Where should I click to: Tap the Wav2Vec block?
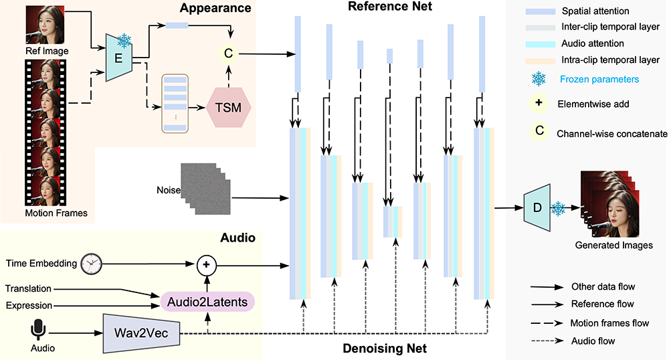(141, 333)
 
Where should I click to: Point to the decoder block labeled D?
(536, 207)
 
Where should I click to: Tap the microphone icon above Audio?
(38, 329)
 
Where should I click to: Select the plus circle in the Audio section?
(206, 265)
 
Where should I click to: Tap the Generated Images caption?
(613, 246)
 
